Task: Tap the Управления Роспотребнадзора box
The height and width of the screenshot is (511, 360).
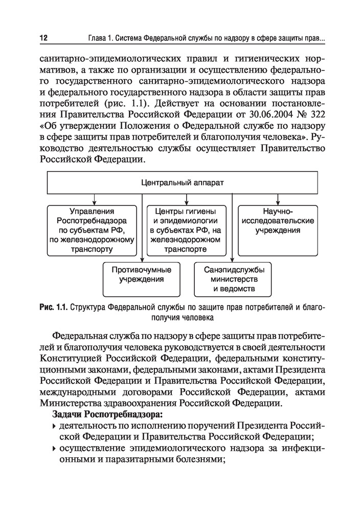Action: pos(93,230)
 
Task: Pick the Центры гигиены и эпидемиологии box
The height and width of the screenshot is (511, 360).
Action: pos(186,230)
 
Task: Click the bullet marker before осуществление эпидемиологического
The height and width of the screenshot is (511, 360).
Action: pos(54,449)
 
